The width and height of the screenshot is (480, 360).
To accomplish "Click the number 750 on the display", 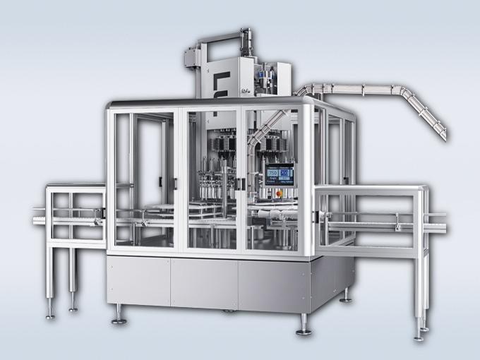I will pyautogui.click(x=272, y=173).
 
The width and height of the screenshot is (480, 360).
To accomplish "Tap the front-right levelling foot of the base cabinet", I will pyautogui.click(x=304, y=328).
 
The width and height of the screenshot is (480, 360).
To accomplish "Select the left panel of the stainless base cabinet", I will pyautogui.click(x=138, y=282).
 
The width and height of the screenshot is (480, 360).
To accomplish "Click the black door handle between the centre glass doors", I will pyautogui.click(x=241, y=184).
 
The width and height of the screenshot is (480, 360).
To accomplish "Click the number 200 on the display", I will pyautogui.click(x=284, y=173).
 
